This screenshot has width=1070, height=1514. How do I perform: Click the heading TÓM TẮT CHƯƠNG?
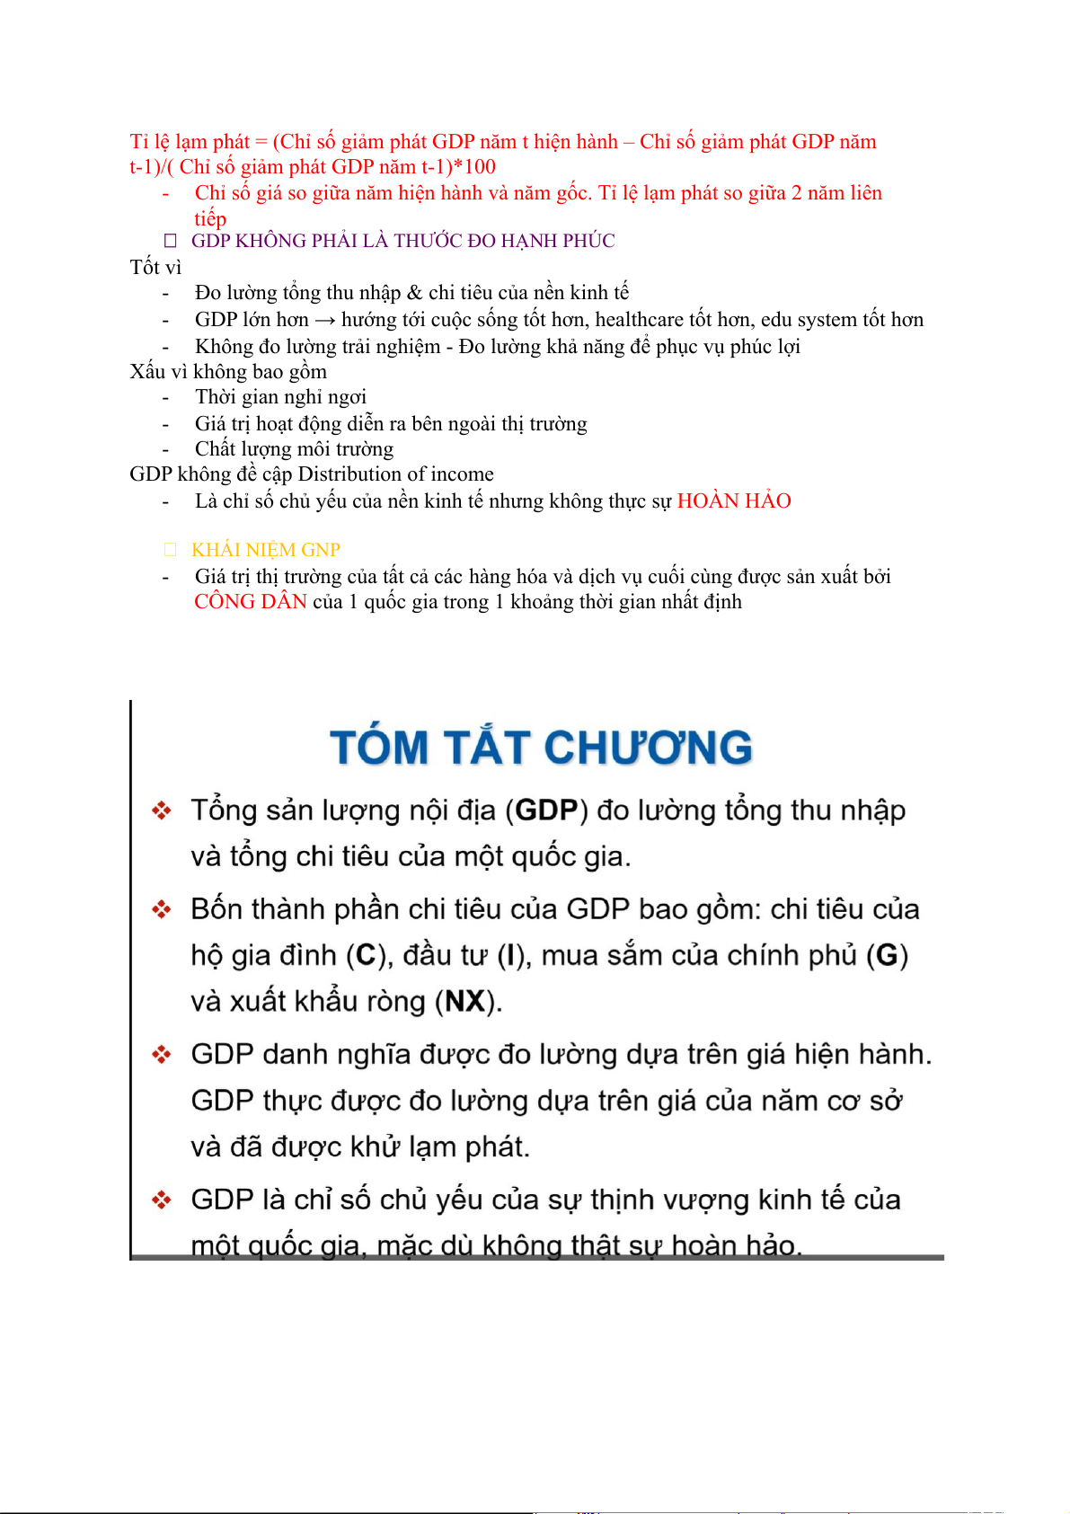(x=541, y=748)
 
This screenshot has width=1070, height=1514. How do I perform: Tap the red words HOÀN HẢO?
(x=733, y=501)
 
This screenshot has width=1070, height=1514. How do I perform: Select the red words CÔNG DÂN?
(x=251, y=602)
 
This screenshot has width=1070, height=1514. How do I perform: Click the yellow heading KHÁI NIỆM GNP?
(x=266, y=550)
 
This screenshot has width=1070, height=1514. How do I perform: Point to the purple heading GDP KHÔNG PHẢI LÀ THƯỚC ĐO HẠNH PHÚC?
(x=402, y=241)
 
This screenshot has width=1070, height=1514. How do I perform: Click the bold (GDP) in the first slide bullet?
(x=546, y=810)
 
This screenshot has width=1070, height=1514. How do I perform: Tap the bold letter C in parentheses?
(x=366, y=955)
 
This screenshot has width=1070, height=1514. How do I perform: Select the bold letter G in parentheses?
(x=887, y=955)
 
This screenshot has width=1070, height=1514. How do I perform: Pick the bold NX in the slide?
(x=465, y=1001)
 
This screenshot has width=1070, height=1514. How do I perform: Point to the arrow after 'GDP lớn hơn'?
(x=324, y=320)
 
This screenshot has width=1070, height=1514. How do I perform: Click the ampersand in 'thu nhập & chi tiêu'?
(x=414, y=293)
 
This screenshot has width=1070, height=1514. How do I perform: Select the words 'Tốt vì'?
(x=155, y=267)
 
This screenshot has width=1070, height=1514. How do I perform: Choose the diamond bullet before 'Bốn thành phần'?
(x=162, y=910)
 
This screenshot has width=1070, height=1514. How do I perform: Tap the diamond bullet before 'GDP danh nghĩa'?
(x=162, y=1055)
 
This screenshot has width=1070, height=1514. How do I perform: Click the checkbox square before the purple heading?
(x=171, y=241)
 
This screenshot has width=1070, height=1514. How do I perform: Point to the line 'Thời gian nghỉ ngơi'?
(x=280, y=397)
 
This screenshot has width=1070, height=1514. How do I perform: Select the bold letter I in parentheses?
(x=510, y=955)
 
